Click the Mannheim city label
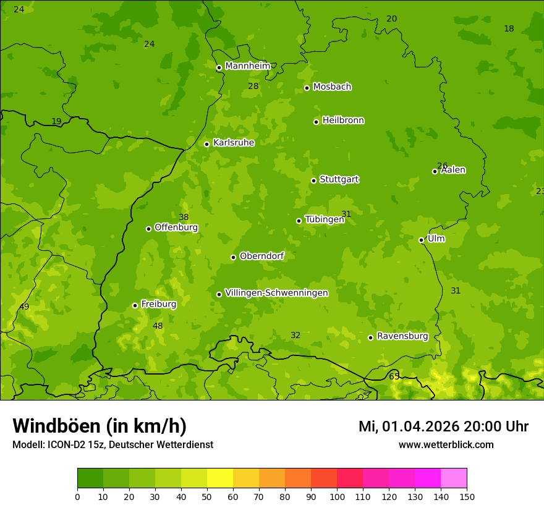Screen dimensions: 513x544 click(x=247, y=66)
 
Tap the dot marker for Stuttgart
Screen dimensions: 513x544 click(x=314, y=180)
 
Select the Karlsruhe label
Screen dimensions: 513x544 click(x=233, y=143)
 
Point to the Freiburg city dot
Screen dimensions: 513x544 click(x=135, y=305)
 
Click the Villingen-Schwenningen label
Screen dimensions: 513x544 click(x=276, y=293)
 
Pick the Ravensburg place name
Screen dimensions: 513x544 click(x=402, y=336)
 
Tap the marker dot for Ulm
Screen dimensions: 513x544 click(x=422, y=240)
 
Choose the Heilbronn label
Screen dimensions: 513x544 click(x=342, y=121)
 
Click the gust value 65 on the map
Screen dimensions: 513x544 click(x=394, y=376)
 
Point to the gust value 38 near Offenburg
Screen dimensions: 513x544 click(x=184, y=217)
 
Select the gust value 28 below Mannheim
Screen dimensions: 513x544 click(x=253, y=86)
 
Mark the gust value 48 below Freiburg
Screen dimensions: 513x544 click(x=158, y=326)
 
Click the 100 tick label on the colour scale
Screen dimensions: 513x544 click(x=337, y=496)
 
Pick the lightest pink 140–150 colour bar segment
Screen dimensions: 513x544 click(x=454, y=478)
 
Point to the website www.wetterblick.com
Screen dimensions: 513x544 click(x=446, y=444)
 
